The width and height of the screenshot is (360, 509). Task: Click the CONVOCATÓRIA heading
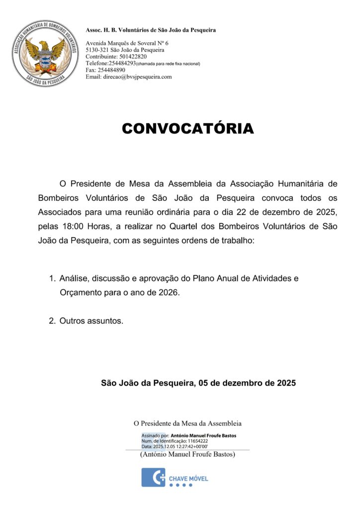click(x=187, y=128)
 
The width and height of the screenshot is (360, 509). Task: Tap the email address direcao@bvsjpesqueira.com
click(x=137, y=77)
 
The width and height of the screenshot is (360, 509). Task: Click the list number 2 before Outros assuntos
click(x=52, y=321)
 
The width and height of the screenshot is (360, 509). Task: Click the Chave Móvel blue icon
click(x=153, y=477)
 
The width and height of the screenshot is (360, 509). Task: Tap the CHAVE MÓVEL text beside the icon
click(x=188, y=479)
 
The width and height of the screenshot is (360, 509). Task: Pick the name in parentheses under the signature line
click(x=187, y=454)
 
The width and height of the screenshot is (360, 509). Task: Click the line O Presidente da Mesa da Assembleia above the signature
click(x=187, y=424)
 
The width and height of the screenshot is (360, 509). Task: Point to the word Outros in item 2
click(x=73, y=321)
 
